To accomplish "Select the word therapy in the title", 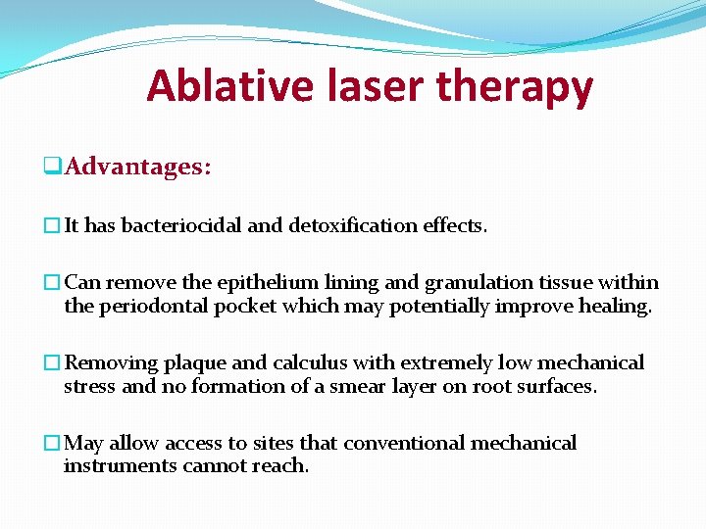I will point(515,88).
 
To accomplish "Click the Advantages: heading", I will point(137,167).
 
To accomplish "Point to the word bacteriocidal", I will point(180,225).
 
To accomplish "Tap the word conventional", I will point(403,444).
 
